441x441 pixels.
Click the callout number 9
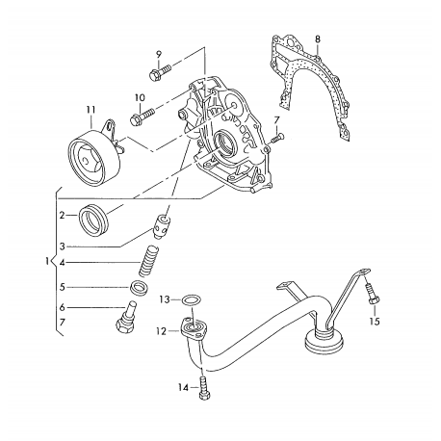(x=159, y=51)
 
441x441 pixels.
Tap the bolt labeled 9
(x=160, y=71)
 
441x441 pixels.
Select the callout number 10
(x=140, y=97)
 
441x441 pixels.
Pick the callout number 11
(x=91, y=109)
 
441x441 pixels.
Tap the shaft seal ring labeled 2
(x=97, y=220)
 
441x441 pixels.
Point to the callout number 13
(x=165, y=299)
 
